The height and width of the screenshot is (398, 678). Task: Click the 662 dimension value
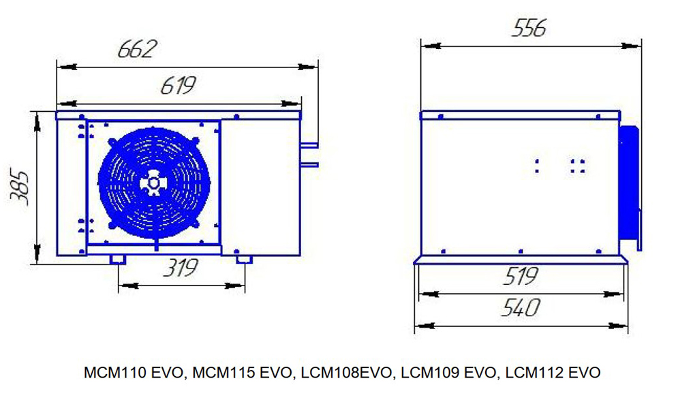click(137, 49)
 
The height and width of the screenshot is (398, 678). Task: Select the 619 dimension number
click(179, 85)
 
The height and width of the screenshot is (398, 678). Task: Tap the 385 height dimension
click(20, 187)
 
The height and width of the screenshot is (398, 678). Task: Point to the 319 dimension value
click(181, 268)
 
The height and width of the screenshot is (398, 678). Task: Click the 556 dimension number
click(529, 28)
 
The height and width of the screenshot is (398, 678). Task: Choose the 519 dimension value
click(521, 276)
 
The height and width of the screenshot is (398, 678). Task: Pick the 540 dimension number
click(521, 307)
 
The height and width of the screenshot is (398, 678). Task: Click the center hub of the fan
click(153, 183)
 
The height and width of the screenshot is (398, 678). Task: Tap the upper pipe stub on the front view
click(309, 145)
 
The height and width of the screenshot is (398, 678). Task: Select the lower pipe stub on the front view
click(309, 165)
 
